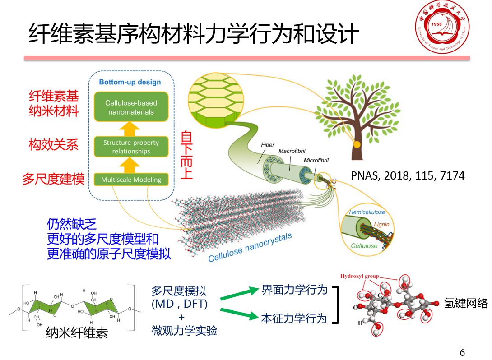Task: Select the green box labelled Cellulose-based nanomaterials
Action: coord(131,107)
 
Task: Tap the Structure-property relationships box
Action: coord(131,147)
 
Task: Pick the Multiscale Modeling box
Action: coord(131,180)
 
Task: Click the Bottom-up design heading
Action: coord(130,82)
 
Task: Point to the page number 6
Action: coord(462,352)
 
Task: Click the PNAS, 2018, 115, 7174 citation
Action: coord(408,175)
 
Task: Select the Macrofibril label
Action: coord(292,151)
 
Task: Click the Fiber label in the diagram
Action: coord(268,145)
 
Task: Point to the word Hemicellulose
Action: coord(367,212)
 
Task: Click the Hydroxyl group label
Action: coord(359,276)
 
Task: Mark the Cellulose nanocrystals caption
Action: coord(250,247)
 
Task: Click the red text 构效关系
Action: coord(53,145)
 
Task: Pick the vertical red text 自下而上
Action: coord(186,155)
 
